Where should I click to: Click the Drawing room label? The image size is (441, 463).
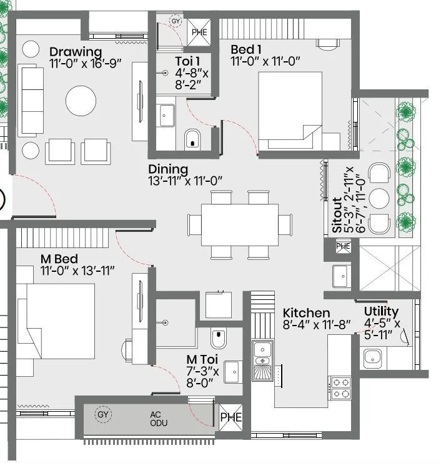75,51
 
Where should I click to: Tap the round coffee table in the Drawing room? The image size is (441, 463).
82,100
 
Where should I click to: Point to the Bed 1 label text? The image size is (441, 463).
247,49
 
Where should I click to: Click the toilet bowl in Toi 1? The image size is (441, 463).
192,139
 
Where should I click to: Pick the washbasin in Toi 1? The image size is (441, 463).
167,115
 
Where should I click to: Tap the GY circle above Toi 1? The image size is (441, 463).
176,21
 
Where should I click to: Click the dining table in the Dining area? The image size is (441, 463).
239,224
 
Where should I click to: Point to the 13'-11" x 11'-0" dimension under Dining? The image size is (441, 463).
186,181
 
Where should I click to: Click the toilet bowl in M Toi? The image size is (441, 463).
219,339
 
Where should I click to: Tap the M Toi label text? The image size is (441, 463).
201,360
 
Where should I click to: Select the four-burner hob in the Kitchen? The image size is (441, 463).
341,388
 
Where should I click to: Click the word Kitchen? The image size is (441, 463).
306,312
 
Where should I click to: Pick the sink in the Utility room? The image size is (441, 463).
373,357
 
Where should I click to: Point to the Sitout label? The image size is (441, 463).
338,215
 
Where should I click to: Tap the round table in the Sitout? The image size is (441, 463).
379,197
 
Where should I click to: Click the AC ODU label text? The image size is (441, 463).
156,419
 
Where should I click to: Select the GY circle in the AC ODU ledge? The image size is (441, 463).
103,414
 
